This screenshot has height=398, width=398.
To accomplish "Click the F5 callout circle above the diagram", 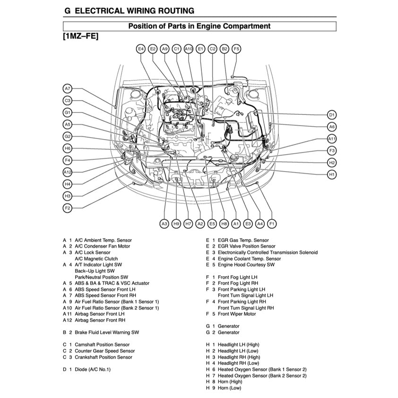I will click(x=236, y=49).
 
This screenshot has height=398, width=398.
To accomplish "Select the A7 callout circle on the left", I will click(x=68, y=88).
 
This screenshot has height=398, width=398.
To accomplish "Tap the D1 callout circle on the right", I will click(x=332, y=115).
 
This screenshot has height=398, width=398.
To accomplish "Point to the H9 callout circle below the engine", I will click(x=176, y=223).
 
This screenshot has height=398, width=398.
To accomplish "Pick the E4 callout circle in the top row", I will click(x=140, y=49).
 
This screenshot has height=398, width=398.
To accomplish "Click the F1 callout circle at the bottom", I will click(x=272, y=223).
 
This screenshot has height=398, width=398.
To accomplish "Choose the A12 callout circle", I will click(x=68, y=172).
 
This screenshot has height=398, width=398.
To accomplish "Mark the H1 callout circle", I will click(x=332, y=174).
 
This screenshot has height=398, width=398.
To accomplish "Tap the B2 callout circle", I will click(x=225, y=49).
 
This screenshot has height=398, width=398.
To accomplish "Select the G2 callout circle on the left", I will click(x=68, y=137).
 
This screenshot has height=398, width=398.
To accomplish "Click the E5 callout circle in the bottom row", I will click(x=212, y=223).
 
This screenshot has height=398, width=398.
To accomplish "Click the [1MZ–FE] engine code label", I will click(x=80, y=36).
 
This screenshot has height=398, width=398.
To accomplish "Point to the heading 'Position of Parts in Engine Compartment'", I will click(x=199, y=26).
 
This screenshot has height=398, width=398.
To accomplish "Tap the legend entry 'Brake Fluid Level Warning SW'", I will click(x=107, y=332).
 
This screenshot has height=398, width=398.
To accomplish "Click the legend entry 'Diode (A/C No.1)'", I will click(x=93, y=370).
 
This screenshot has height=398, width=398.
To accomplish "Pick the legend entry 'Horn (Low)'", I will click(x=229, y=388).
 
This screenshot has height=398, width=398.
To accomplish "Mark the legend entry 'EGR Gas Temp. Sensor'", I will click(x=243, y=240).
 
